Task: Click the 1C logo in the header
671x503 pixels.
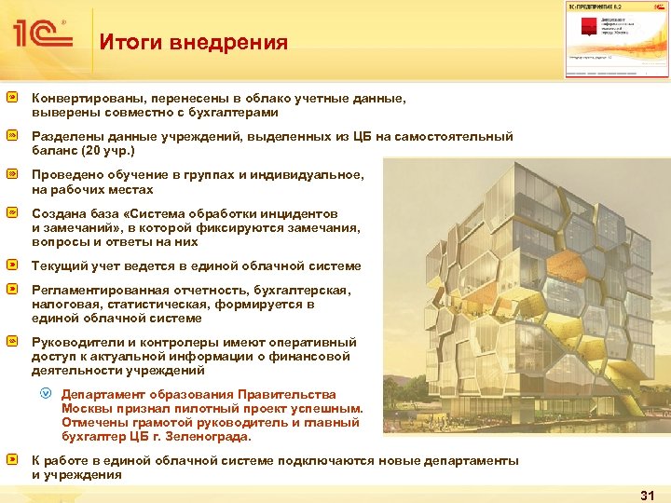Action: [x=41, y=34]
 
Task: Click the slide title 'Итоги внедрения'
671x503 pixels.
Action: [x=193, y=43]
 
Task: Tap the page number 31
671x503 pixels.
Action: [x=648, y=495]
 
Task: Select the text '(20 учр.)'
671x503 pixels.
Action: [x=109, y=150]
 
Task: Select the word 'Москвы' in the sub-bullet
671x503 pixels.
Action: [x=87, y=409]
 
